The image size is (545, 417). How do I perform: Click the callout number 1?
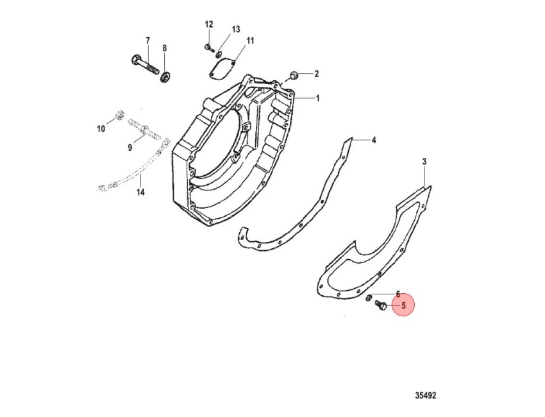click(x=317, y=98)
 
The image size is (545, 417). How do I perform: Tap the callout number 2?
click(x=317, y=74)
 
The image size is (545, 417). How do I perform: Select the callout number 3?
click(x=424, y=162)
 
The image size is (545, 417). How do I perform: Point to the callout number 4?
click(x=374, y=140)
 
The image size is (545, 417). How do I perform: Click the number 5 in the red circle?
click(x=403, y=306)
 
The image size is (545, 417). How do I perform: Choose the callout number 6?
click(x=398, y=294)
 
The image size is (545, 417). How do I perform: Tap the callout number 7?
click(x=147, y=40)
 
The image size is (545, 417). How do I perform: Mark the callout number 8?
click(x=164, y=48)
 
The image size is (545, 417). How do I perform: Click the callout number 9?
click(x=130, y=148)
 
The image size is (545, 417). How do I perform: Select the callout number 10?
click(x=101, y=129)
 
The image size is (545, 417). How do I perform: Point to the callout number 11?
click(x=250, y=40)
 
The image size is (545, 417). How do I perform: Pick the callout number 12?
click(x=208, y=24)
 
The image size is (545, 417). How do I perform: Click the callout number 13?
click(x=236, y=30)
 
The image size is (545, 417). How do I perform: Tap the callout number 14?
click(x=140, y=192)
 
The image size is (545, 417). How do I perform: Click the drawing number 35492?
click(x=426, y=395)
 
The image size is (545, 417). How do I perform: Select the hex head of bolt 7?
click(x=136, y=59)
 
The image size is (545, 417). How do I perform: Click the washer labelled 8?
click(x=164, y=76)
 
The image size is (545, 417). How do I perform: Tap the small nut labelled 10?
click(x=119, y=115)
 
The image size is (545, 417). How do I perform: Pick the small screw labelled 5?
click(x=381, y=305)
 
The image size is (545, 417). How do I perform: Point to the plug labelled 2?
click(x=294, y=75)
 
